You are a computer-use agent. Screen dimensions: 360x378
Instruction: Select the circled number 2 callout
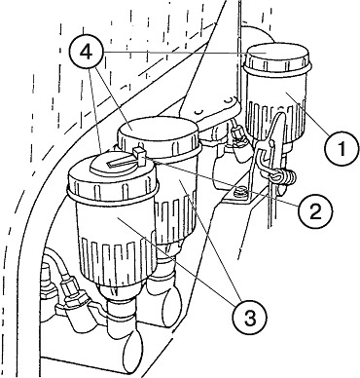pyautogui.click(x=315, y=211)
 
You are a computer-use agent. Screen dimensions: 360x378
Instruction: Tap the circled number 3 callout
pyautogui.click(x=249, y=317)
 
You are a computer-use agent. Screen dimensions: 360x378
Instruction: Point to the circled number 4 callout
pyautogui.click(x=86, y=53)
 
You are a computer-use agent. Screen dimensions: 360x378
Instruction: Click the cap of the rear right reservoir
pyautogui.click(x=277, y=58)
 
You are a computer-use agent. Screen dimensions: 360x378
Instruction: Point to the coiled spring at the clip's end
pyautogui.click(x=287, y=177)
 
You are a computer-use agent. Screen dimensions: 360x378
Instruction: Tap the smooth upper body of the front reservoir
pyautogui.click(x=115, y=217)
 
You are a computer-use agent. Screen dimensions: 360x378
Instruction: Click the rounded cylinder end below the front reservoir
pyautogui.click(x=133, y=350)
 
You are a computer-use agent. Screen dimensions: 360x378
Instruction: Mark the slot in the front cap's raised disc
pyautogui.click(x=119, y=162)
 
